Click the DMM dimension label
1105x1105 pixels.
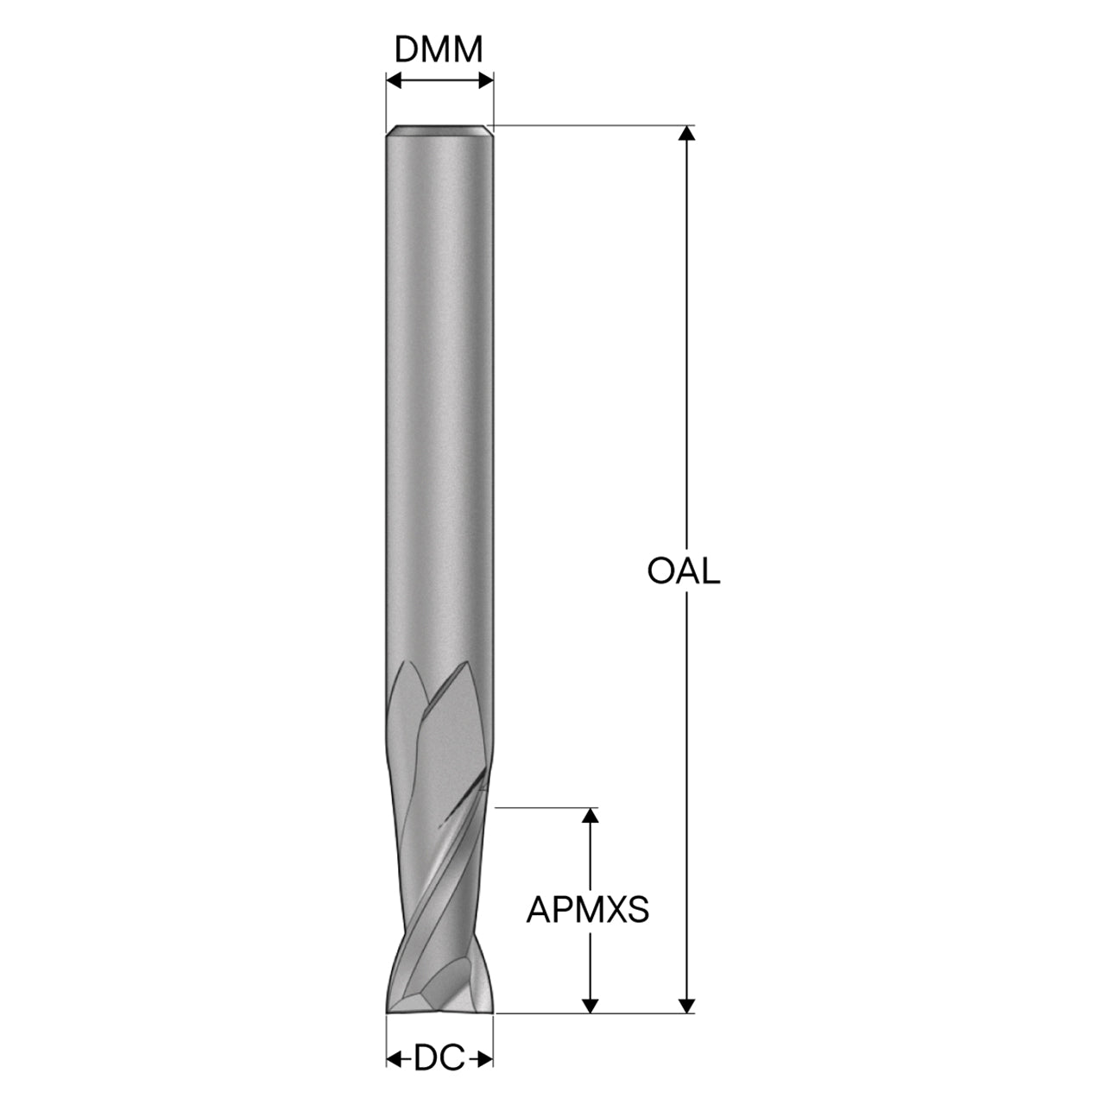click(439, 50)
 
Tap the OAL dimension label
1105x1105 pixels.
click(684, 571)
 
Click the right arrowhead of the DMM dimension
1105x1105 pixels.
click(485, 81)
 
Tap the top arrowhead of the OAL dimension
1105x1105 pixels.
click(686, 133)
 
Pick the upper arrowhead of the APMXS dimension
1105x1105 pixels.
click(590, 816)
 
